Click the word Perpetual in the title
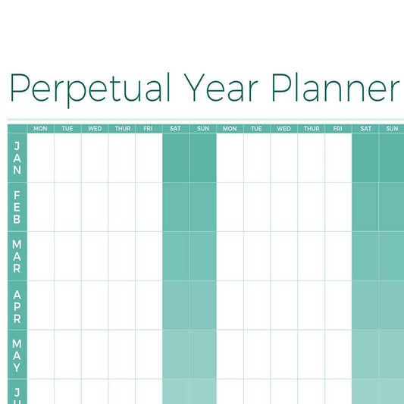pos(90,88)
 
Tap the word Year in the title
pos(221,88)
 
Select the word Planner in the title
pos(336,88)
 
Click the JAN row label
pos(17,158)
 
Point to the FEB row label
pos(17,207)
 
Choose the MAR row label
pos(17,256)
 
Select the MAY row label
pos(17,355)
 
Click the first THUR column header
pos(123,129)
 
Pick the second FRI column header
pos(337,129)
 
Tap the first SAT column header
pos(175,129)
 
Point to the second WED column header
pos(283,129)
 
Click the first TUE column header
pos(67,129)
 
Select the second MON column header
pos(230,129)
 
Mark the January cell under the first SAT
pos(176,158)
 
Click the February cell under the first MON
pos(41,207)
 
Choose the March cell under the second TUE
pos(257,256)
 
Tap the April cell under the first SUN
pos(203,305)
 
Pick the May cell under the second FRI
pos(338,355)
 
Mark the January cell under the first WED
pos(95,158)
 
